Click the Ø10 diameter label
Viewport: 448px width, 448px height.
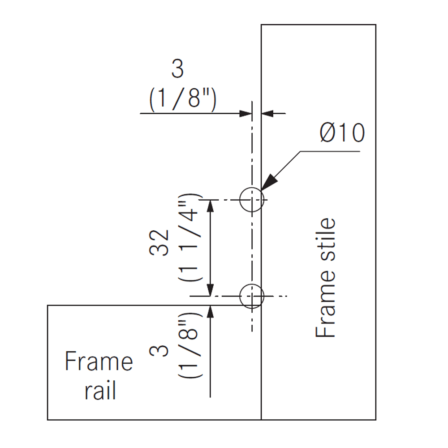click(342, 133)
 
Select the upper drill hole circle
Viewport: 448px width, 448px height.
click(251, 199)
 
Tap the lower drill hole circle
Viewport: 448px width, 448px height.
click(252, 296)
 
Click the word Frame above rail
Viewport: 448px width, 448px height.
click(99, 362)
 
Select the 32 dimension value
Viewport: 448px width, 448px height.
click(159, 242)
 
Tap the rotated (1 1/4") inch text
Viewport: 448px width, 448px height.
click(188, 237)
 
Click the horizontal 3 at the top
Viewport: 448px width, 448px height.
click(178, 69)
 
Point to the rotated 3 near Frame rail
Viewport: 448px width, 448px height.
click(159, 349)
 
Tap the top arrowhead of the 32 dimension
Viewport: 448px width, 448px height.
click(210, 206)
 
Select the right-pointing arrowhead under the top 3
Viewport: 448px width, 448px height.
click(246, 113)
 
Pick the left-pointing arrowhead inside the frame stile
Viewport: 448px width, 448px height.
click(267, 113)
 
